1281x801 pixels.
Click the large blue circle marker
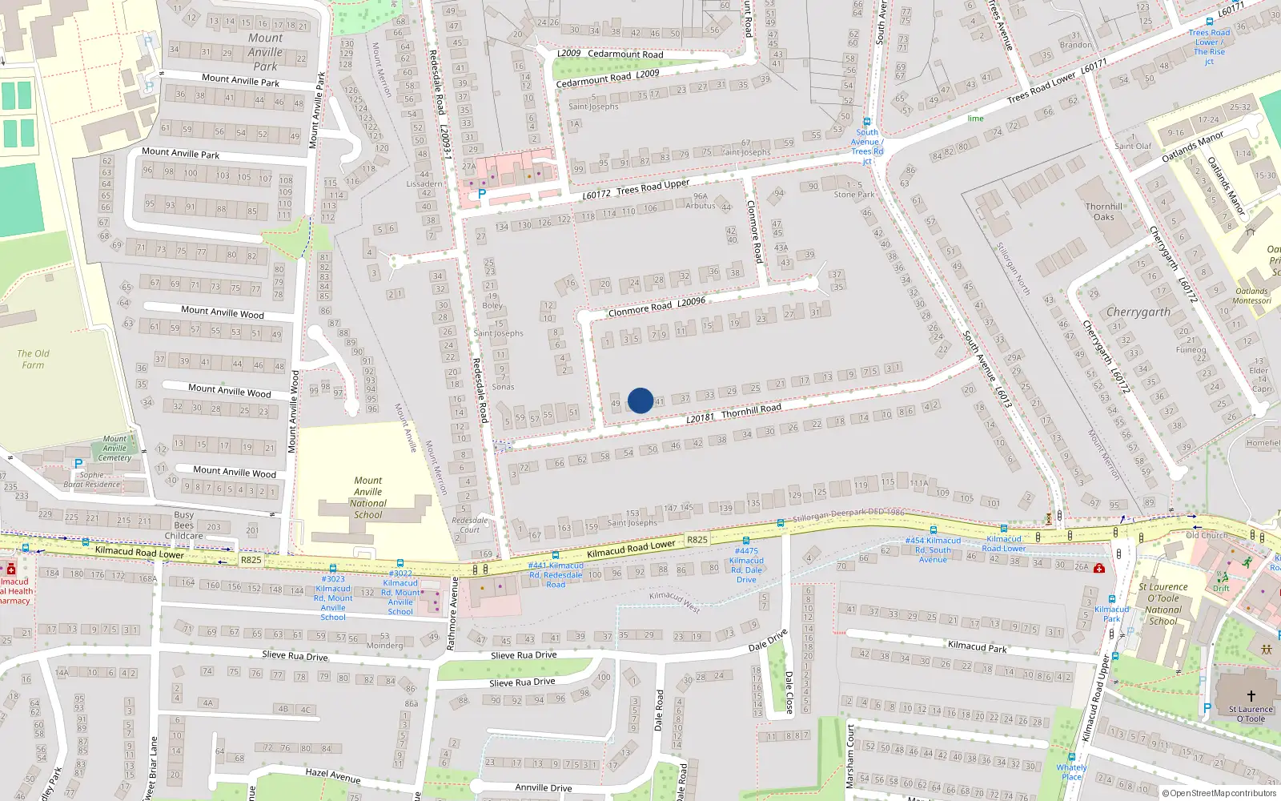pyautogui.click(x=640, y=400)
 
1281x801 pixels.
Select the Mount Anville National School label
pyautogui.click(x=368, y=497)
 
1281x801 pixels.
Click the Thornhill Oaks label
pyautogui.click(x=1104, y=211)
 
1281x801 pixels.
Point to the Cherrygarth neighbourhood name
pyautogui.click(x=1138, y=312)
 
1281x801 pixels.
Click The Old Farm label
pyautogui.click(x=33, y=359)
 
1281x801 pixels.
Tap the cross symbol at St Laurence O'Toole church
pyautogui.click(x=1251, y=695)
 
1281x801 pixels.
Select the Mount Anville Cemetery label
pyautogui.click(x=114, y=448)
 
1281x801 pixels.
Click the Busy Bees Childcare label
pyautogui.click(x=183, y=525)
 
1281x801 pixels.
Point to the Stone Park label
pyautogui.click(x=854, y=194)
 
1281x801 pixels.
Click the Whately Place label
pyautogui.click(x=1071, y=772)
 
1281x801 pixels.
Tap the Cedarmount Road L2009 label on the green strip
pyautogui.click(x=607, y=78)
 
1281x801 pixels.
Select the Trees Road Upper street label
pyautogui.click(x=653, y=187)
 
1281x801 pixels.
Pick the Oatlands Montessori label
pyautogui.click(x=1251, y=296)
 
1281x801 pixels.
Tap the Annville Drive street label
pyautogui.click(x=543, y=787)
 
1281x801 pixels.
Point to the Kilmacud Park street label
pyautogui.click(x=977, y=646)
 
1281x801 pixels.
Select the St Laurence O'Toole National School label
pyautogui.click(x=1163, y=603)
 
